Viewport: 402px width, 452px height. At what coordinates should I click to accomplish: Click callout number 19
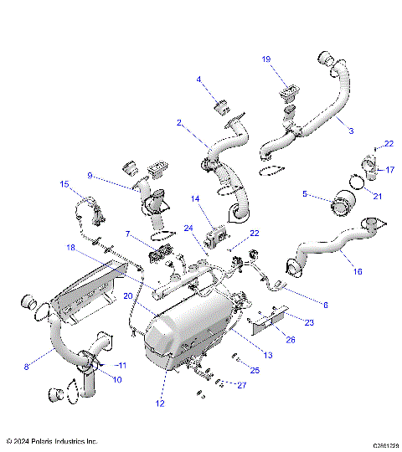pyautogui.click(x=266, y=59)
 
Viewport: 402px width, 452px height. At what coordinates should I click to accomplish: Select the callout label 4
pyautogui.click(x=199, y=80)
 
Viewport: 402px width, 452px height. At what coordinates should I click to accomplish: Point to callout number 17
pyautogui.click(x=389, y=170)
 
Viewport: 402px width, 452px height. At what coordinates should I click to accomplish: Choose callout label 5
pyautogui.click(x=305, y=194)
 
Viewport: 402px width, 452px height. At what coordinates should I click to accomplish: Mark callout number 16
pyautogui.click(x=358, y=272)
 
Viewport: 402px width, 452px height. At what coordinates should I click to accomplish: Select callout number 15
pyautogui.click(x=64, y=183)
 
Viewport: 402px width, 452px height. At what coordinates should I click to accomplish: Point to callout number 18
pyautogui.click(x=71, y=248)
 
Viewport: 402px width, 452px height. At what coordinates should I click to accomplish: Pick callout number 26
pyautogui.click(x=267, y=339)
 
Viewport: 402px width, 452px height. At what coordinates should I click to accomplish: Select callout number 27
pyautogui.click(x=242, y=386)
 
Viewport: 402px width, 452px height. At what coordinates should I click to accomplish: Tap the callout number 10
pyautogui.click(x=116, y=379)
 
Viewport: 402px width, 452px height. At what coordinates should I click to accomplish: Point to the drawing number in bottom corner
pyautogui.click(x=379, y=445)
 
